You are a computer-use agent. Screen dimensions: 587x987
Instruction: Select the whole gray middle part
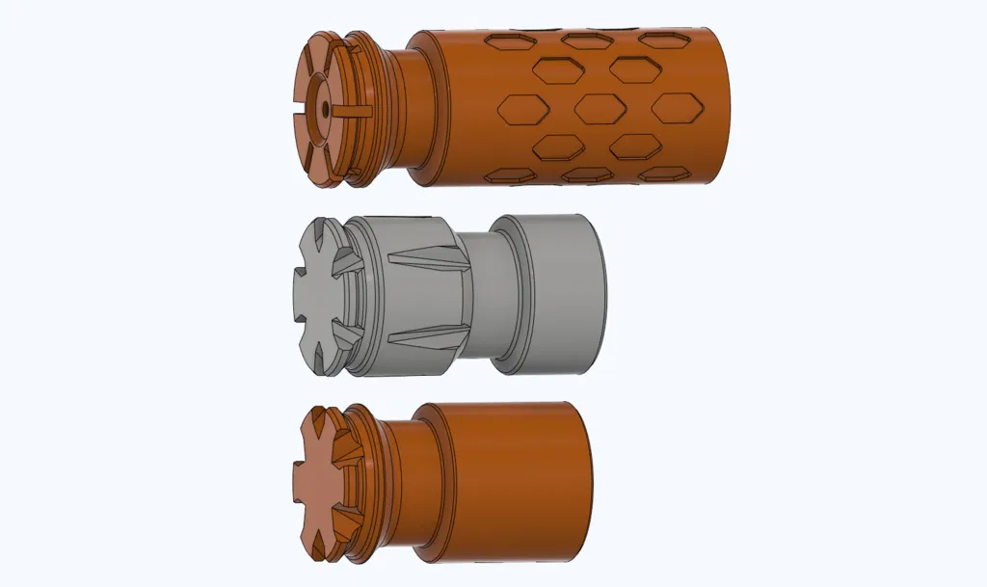coord(448,294)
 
